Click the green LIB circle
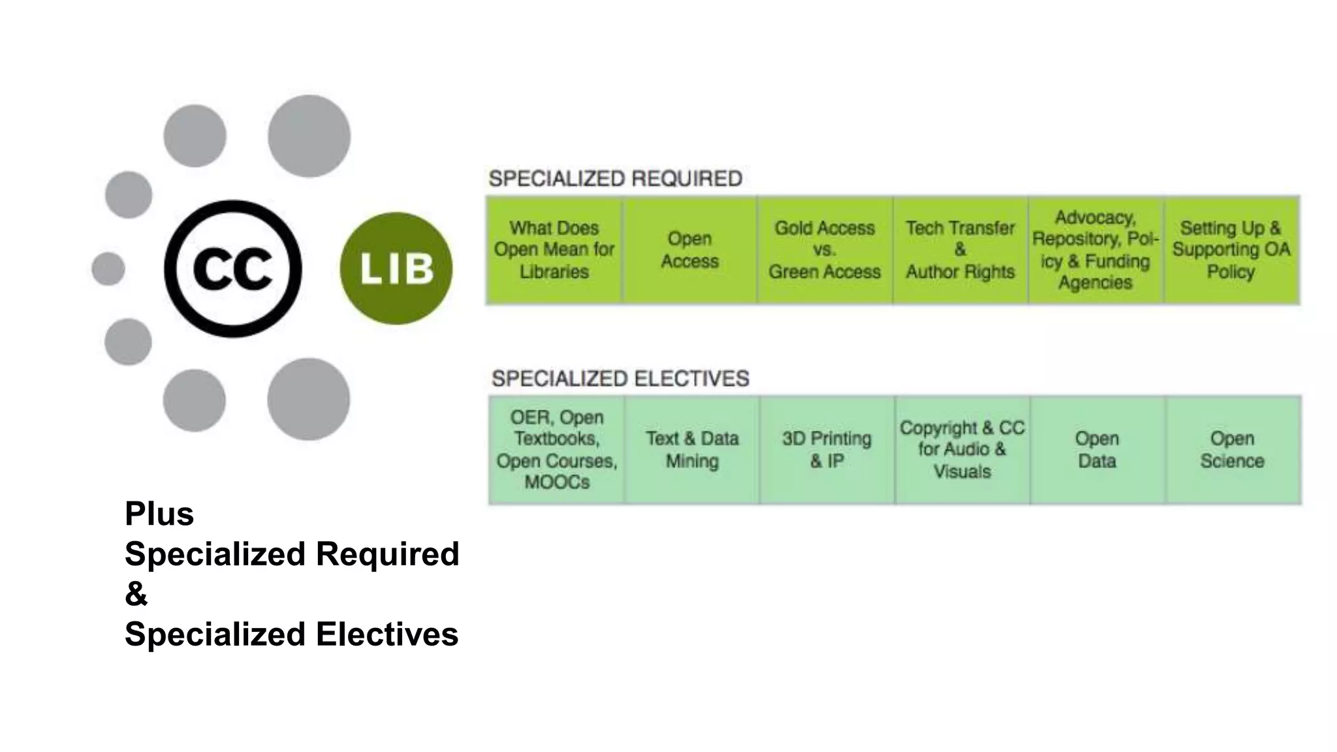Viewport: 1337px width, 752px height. [396, 268]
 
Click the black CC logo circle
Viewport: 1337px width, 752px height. [233, 269]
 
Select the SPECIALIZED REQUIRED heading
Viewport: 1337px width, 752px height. [615, 178]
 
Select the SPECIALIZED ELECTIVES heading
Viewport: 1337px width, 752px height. [620, 379]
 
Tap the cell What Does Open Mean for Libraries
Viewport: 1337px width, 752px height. [554, 250]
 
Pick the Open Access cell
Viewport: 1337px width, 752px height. [689, 250]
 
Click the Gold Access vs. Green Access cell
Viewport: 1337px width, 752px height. [825, 250]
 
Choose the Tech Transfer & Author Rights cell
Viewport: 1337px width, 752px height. [960, 250]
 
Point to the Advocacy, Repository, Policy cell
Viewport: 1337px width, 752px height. [1095, 250]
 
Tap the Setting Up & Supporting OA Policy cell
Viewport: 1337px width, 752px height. [1231, 250]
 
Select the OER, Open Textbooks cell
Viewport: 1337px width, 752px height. [557, 450]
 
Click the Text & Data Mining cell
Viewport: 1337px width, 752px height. [692, 450]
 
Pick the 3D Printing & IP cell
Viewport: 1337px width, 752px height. [827, 450]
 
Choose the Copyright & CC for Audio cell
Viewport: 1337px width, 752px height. [962, 450]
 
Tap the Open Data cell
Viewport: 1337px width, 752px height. [1097, 450]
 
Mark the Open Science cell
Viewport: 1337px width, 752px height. [1232, 450]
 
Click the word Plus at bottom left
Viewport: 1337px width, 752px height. [159, 514]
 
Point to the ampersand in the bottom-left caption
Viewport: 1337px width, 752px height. [136, 594]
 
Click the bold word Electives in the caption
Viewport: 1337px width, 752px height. [386, 634]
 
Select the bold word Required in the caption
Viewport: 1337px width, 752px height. [387, 554]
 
